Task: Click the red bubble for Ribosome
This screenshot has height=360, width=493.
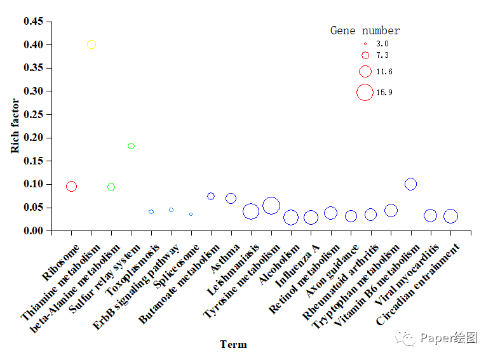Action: point(71,186)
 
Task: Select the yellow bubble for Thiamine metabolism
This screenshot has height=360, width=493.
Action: point(91,44)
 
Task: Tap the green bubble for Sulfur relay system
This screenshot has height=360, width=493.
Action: point(132,146)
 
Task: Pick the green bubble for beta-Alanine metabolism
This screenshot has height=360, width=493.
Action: point(111,187)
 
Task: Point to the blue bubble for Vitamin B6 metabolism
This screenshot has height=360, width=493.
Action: point(410,184)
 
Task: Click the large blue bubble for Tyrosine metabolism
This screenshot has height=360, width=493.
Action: point(271,206)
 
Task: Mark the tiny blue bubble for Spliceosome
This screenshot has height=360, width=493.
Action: point(191,215)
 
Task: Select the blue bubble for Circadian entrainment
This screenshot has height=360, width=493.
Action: point(450,216)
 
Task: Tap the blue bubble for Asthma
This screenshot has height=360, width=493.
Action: point(231,198)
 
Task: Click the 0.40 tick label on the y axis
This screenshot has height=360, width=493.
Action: point(34,45)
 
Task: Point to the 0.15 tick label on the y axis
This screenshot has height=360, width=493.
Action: point(34,161)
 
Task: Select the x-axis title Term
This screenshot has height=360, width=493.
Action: point(233,345)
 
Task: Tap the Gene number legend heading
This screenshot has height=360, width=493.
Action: point(365,30)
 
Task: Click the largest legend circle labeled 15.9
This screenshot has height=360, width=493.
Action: point(365,92)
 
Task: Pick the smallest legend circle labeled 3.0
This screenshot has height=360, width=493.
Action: point(365,44)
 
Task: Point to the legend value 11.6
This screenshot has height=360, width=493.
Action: point(384,72)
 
